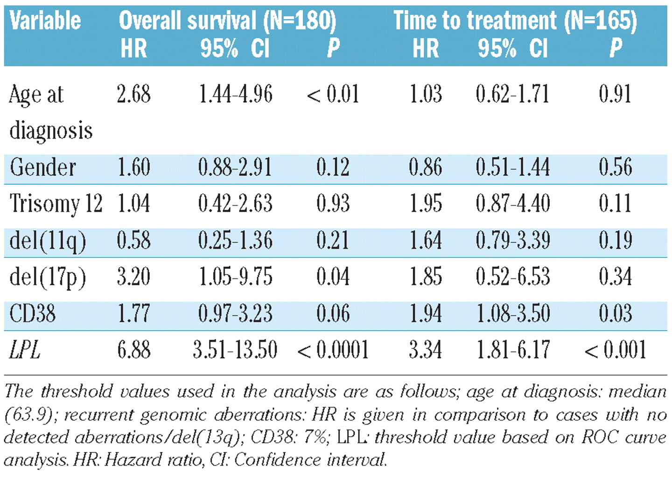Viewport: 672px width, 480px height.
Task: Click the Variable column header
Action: click(45, 21)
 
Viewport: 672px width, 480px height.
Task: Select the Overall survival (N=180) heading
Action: click(228, 21)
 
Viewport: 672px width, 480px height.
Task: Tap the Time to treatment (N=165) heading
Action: click(515, 21)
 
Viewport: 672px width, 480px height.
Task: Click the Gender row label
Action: click(42, 167)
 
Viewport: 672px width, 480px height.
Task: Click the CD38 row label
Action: click(32, 313)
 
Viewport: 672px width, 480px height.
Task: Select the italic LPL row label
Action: click(25, 350)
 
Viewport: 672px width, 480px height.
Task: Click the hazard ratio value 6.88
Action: click(134, 350)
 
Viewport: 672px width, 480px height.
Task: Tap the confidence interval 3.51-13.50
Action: click(235, 350)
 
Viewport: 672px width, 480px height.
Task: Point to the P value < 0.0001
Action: click(333, 350)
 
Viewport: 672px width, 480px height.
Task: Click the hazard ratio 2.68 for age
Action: click(134, 94)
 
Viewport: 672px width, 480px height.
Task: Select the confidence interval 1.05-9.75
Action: click(236, 276)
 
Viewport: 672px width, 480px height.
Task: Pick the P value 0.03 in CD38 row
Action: click(615, 313)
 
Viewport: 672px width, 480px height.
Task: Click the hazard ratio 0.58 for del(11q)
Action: click(134, 240)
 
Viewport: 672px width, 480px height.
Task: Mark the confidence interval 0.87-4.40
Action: click(513, 203)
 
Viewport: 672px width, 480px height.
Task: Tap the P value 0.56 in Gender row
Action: click(616, 167)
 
